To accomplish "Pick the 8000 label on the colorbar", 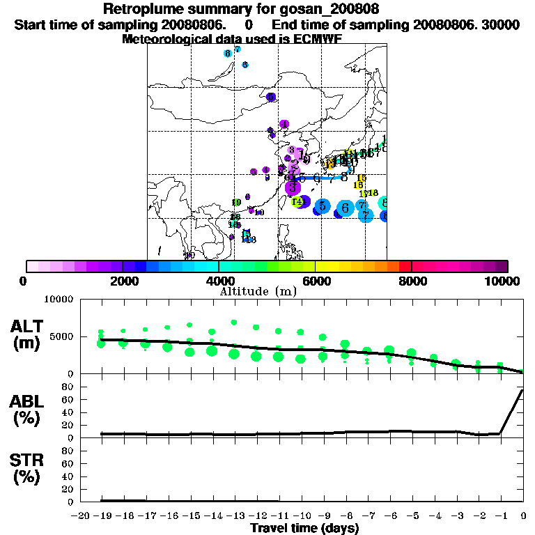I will pos(411,281).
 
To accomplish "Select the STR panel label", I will pos(29,468).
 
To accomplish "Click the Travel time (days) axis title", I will pos(304,529).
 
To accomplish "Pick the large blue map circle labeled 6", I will pos(345,208).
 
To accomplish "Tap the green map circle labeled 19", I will pos(236,203).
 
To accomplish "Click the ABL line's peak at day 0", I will pos(523,390).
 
